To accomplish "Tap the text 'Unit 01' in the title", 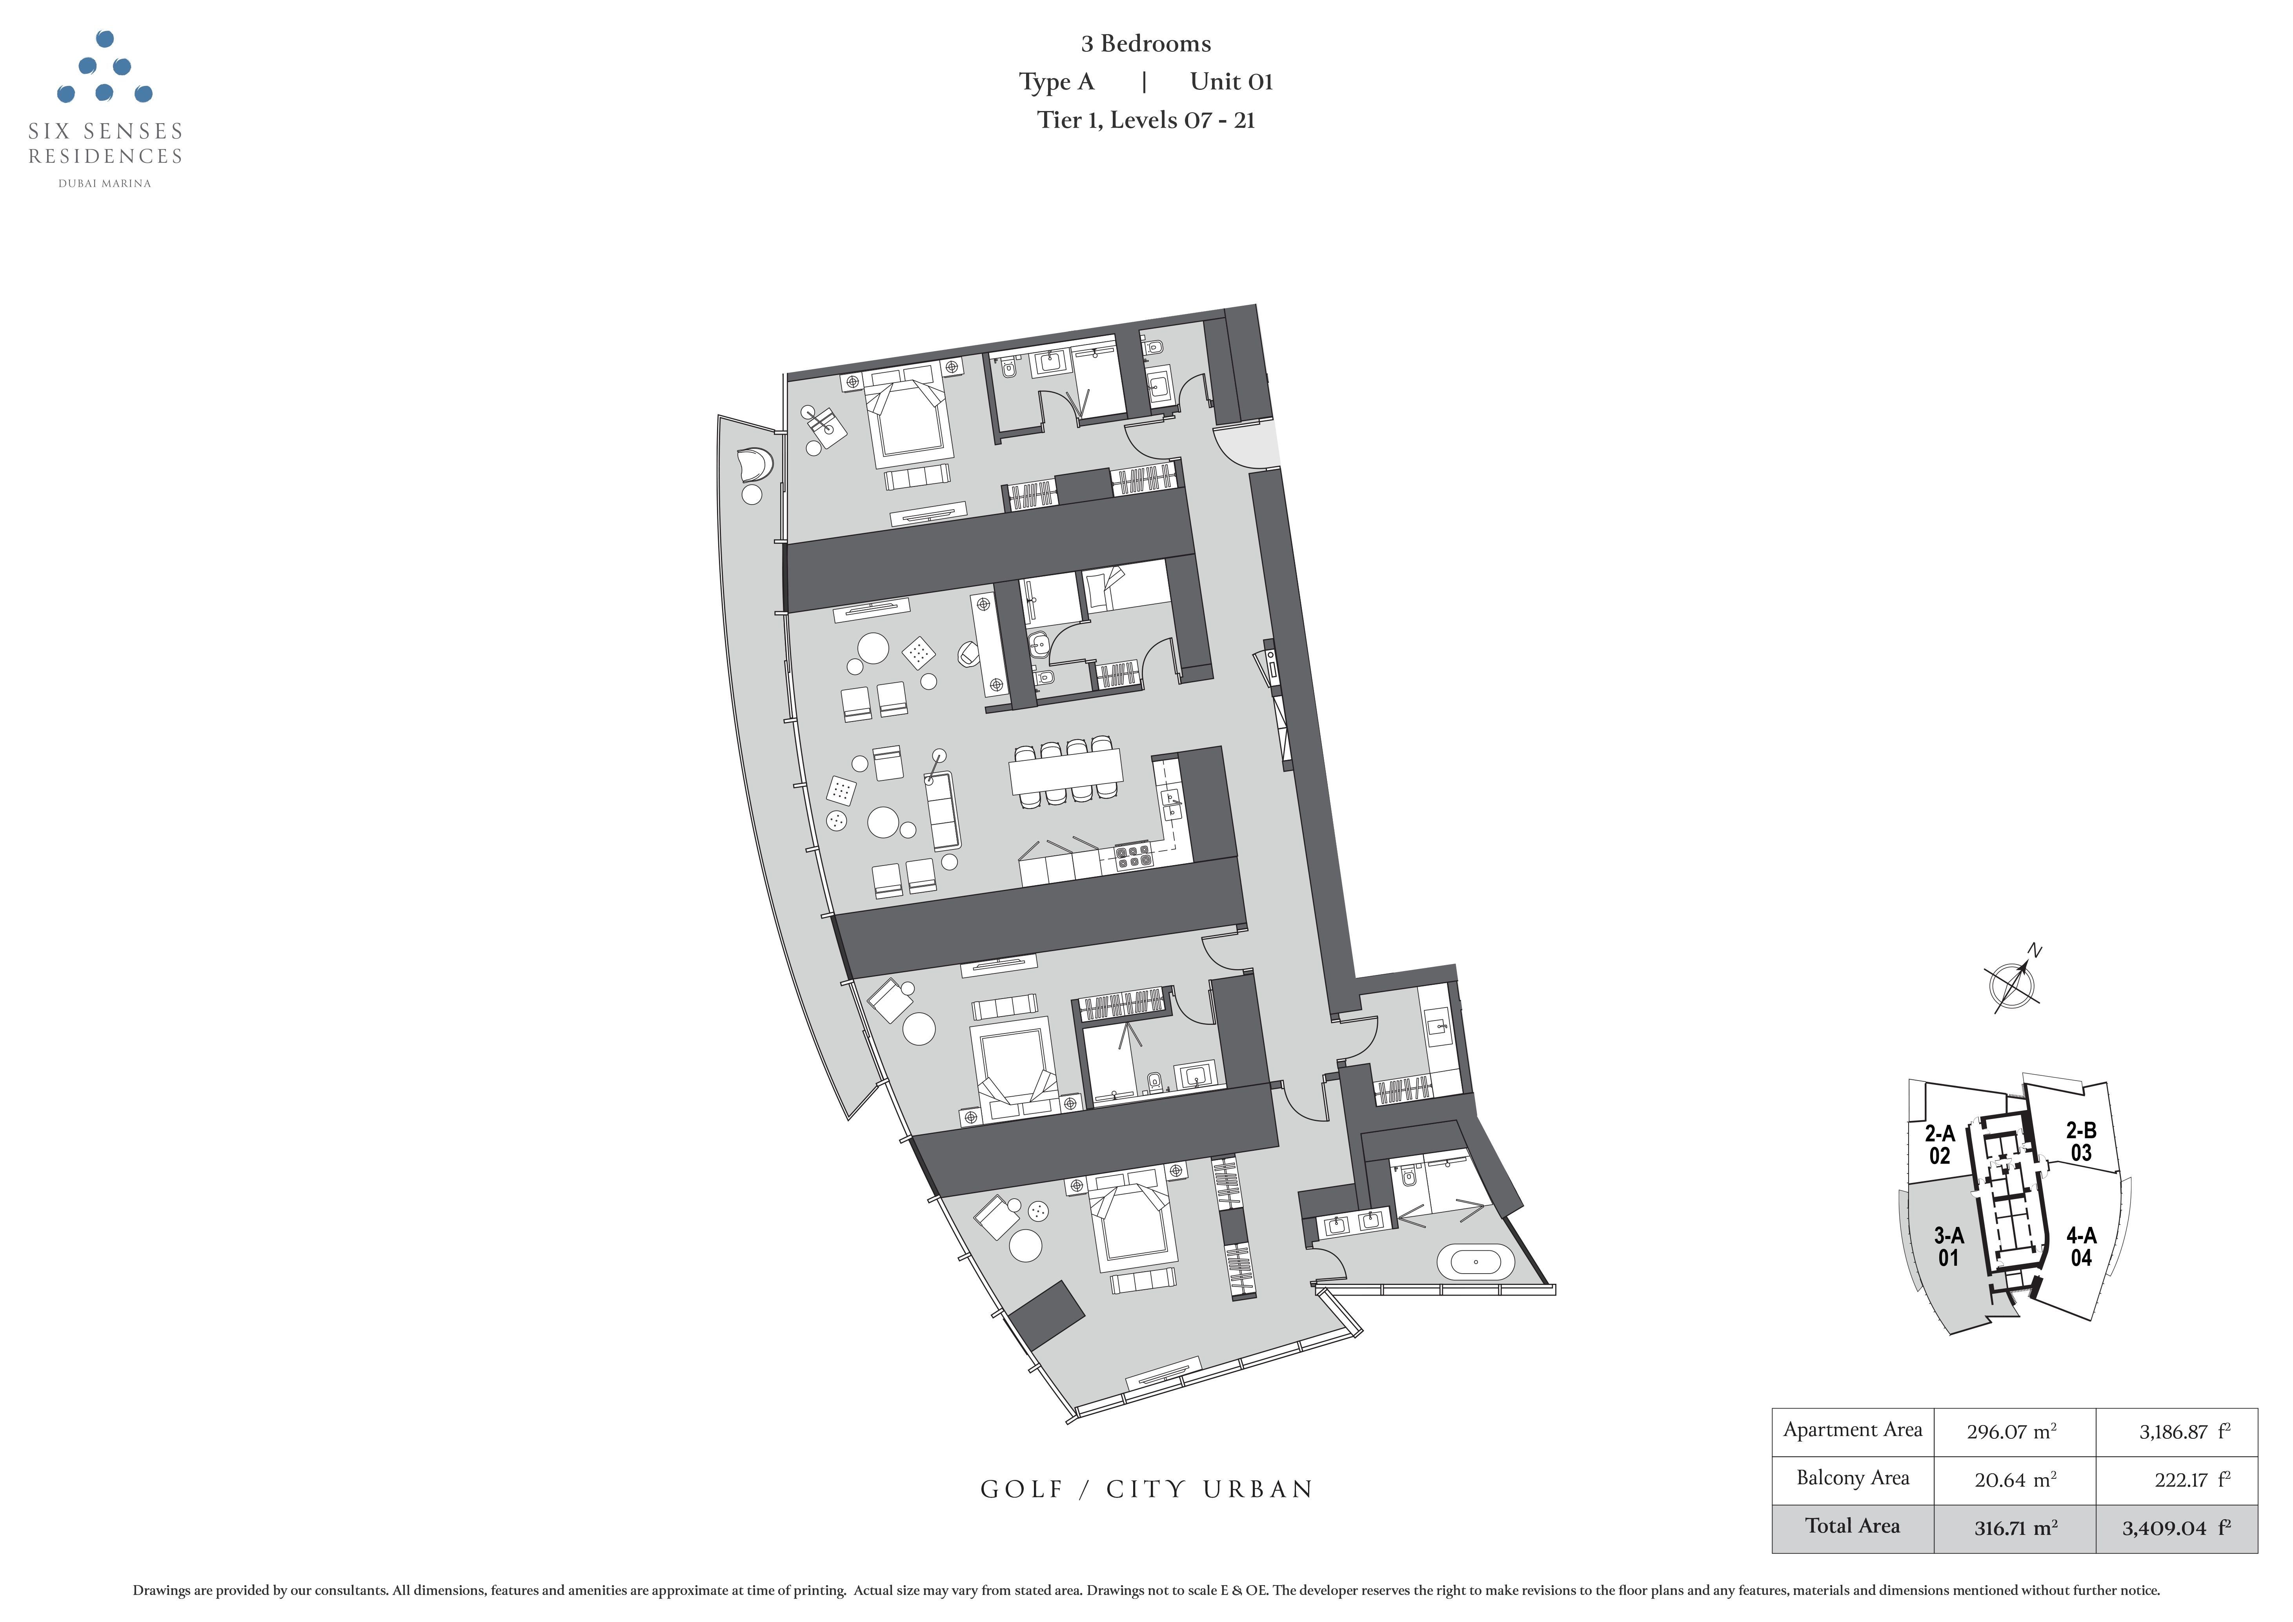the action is click(x=1231, y=82).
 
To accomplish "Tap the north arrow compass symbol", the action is click(x=2010, y=981).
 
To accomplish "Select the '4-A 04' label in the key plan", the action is click(x=2081, y=1247).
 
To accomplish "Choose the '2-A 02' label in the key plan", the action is click(x=1940, y=1145).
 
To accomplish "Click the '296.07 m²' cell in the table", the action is click(x=2011, y=1431).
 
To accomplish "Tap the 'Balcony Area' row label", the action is click(x=1853, y=1478).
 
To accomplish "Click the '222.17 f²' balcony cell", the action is click(x=2192, y=1479).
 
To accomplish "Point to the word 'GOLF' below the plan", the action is click(x=1023, y=1489).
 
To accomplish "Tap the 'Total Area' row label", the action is click(x=1853, y=1526).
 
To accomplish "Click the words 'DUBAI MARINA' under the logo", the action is click(x=105, y=184).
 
